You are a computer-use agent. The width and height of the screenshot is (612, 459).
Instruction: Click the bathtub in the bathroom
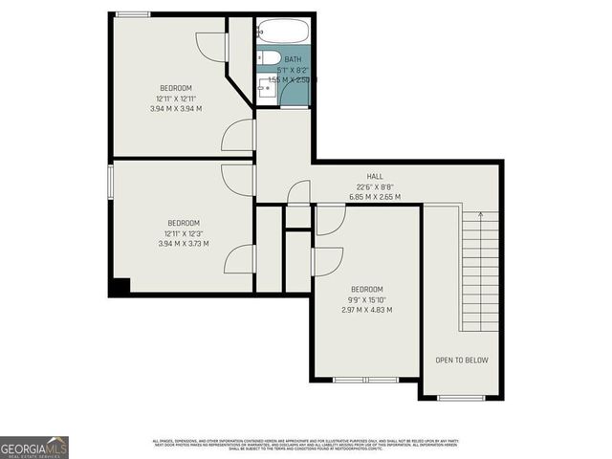click(285, 32)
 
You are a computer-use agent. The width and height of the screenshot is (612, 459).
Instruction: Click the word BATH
click(292, 59)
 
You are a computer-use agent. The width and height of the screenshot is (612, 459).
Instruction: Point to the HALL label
click(376, 177)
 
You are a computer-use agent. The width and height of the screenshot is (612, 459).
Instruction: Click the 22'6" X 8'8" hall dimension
click(376, 187)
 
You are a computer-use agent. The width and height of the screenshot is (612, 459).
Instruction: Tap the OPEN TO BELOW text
click(462, 361)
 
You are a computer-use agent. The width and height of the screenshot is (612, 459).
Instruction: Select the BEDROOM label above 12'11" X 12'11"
click(175, 88)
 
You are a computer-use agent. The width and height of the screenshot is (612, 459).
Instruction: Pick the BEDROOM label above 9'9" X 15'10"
click(366, 290)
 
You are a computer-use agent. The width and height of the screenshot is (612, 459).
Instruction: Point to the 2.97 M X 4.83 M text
click(366, 310)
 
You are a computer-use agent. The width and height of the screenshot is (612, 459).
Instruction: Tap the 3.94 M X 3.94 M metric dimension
click(175, 108)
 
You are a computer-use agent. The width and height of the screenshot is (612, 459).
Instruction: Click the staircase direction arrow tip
click(483, 217)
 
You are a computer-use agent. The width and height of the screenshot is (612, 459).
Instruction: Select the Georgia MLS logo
click(34, 447)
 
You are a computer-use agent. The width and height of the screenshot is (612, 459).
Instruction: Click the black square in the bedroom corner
click(119, 285)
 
